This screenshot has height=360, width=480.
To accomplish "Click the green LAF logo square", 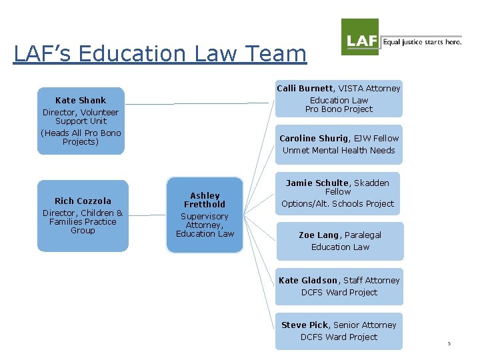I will [360, 37].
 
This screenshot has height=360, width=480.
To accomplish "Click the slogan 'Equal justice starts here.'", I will [422, 42].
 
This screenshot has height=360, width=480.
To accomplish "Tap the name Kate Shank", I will [81, 101].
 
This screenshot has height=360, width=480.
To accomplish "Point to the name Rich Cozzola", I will [83, 201].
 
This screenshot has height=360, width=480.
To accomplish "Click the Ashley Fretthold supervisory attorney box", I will [205, 215].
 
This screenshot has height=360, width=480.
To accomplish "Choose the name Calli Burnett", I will [304, 88].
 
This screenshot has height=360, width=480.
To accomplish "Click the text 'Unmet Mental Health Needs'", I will [339, 151].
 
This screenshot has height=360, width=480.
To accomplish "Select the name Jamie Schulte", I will [317, 183].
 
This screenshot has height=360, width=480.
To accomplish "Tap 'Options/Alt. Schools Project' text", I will [337, 204].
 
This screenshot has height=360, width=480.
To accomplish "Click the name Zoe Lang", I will [319, 235].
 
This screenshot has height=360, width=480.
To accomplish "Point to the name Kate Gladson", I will [308, 281].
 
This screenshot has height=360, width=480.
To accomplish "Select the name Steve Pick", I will [305, 325].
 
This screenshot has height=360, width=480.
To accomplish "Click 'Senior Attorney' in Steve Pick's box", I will [365, 325].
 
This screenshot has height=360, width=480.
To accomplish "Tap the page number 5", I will [449, 344].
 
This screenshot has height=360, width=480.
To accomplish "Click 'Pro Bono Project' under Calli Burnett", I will [339, 109].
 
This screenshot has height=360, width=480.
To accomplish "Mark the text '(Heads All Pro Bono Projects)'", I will [81, 137].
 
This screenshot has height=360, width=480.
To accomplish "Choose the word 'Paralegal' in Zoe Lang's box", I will [363, 235].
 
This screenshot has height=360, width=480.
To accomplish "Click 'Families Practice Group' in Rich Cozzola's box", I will [83, 226].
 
